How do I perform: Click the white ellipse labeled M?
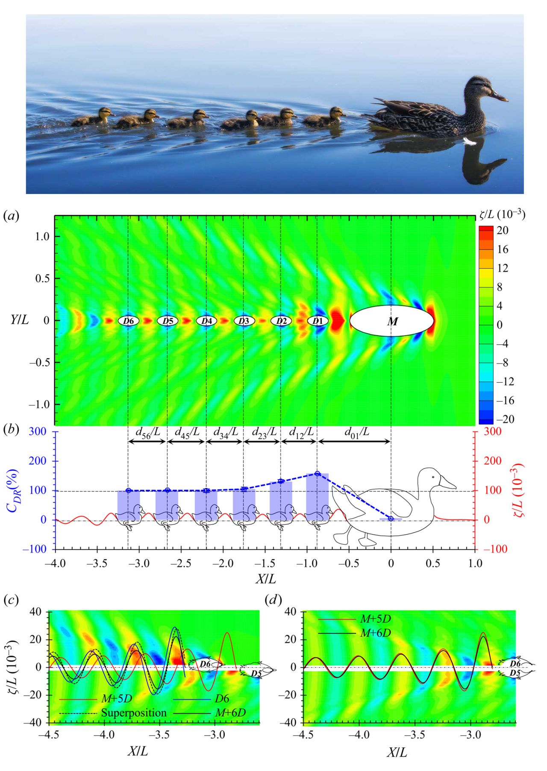tap(391, 321)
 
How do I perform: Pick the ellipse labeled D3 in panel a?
tap(244, 320)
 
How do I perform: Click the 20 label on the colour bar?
tap(503, 230)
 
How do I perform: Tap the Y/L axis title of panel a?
tap(20, 320)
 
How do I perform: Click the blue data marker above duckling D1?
tap(317, 473)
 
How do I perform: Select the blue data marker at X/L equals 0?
tap(391, 519)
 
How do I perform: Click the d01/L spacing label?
tap(357, 432)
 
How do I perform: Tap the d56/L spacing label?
tap(148, 432)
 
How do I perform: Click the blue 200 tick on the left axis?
tap(38, 461)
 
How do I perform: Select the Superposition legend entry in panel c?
tap(134, 713)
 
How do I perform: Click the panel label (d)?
tap(273, 600)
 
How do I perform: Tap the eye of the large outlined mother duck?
tap(433, 477)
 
